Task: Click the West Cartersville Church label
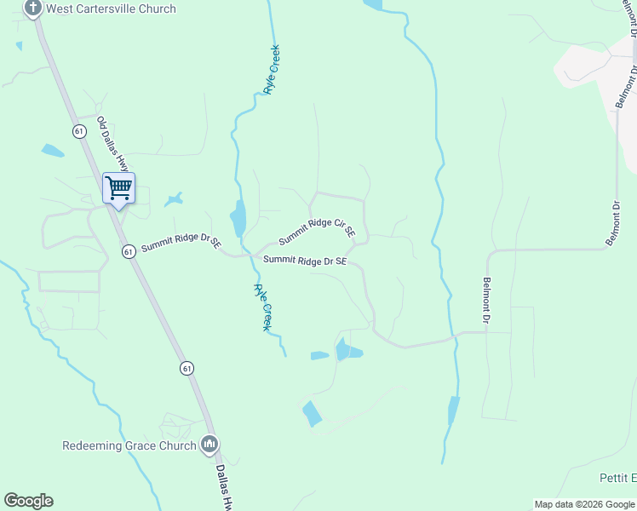coord(111,9)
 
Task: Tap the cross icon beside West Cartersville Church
coord(33,9)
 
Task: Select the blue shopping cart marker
coord(118,188)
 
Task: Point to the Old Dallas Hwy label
coord(113,143)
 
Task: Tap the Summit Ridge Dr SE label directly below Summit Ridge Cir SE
coord(305,261)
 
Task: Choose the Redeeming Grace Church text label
coord(129,445)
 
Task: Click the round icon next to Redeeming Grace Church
coord(209,445)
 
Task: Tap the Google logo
coord(28,501)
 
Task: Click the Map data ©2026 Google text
coord(584,504)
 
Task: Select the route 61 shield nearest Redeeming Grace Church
coord(187,368)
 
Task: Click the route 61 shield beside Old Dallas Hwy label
coord(79,131)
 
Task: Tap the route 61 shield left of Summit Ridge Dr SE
coord(128,251)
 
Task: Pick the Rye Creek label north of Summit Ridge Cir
coord(273,70)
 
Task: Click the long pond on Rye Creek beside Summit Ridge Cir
coord(238,218)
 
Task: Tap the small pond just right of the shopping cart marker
coord(175,199)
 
